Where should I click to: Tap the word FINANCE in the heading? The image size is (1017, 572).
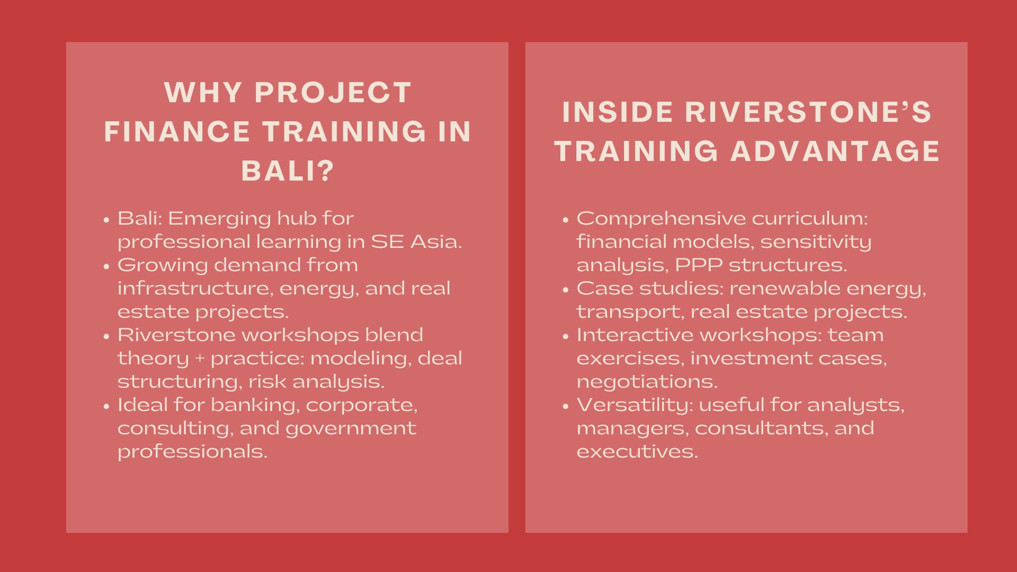pyautogui.click(x=177, y=132)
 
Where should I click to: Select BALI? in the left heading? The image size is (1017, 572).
pyautogui.click(x=288, y=171)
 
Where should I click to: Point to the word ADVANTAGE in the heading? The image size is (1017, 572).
pyautogui.click(x=835, y=151)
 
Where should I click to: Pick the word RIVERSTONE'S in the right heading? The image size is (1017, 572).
pyautogui.click(x=808, y=112)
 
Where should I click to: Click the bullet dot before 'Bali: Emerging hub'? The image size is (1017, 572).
pyautogui.click(x=107, y=219)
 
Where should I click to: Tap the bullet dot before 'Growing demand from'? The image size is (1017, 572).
pyautogui.click(x=107, y=266)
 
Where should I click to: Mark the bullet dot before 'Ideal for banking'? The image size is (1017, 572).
pyautogui.click(x=107, y=406)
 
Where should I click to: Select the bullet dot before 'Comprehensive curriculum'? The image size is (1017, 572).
pyautogui.click(x=566, y=219)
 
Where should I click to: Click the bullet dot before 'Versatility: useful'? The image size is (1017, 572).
pyautogui.click(x=566, y=406)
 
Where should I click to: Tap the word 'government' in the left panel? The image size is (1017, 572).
pyautogui.click(x=351, y=428)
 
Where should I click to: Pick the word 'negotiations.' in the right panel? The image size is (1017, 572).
pyautogui.click(x=647, y=382)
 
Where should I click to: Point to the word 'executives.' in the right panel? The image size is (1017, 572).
pyautogui.click(x=638, y=452)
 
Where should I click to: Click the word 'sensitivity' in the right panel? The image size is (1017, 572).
pyautogui.click(x=816, y=242)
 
